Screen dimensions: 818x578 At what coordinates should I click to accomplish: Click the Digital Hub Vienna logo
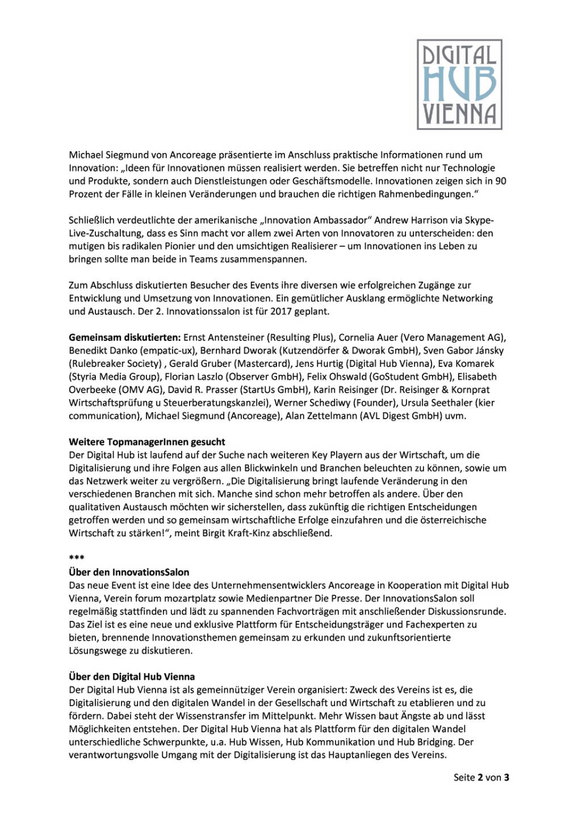(459, 84)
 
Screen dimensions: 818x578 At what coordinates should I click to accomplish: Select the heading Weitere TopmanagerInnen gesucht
(146, 442)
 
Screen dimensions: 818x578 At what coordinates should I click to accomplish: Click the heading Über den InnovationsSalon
(129, 573)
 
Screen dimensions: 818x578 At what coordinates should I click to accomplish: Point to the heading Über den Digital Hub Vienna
(132, 677)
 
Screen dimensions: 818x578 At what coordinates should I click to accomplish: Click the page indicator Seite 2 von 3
(481, 778)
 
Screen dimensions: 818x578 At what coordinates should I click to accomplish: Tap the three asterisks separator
(77, 558)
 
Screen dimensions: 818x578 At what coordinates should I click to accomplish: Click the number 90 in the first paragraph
(500, 181)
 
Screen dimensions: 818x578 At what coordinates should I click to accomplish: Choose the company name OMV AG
(139, 390)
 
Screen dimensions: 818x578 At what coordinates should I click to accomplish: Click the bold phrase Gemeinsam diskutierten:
(125, 337)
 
